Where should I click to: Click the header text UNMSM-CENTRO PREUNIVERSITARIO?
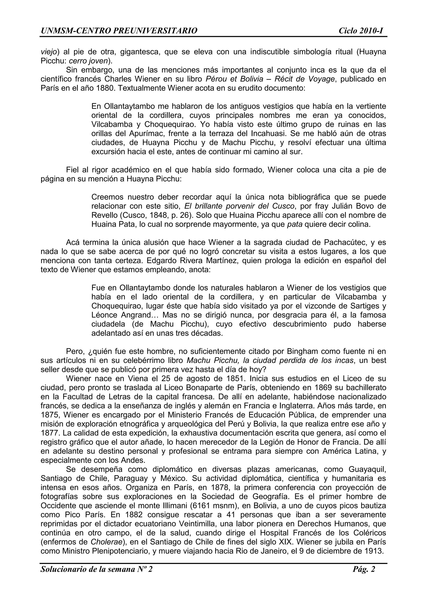[119, 31]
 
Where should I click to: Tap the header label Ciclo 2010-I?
[361, 31]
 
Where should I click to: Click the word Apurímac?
[145, 134]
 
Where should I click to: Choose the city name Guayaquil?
[367, 469]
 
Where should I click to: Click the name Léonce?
[104, 315]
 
